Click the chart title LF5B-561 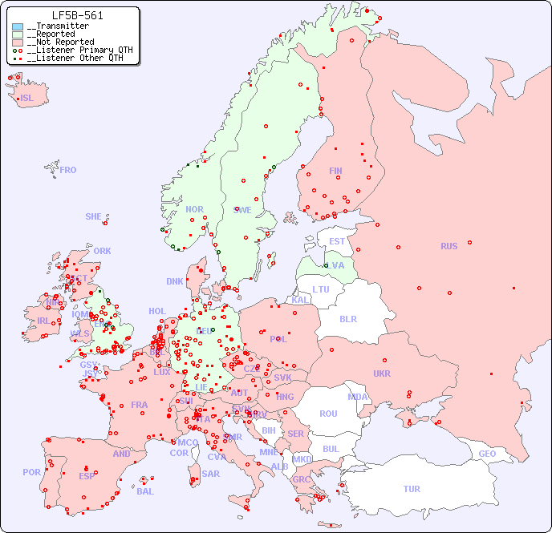(77, 15)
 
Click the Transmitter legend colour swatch (18, 26)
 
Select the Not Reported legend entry (60, 42)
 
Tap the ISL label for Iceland (27, 99)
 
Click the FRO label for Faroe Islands (68, 170)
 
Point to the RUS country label (448, 246)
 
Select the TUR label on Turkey (412, 489)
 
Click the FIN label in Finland (335, 171)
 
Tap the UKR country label (382, 374)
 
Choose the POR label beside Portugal (31, 472)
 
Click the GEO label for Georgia (487, 454)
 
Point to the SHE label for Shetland (94, 216)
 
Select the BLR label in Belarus (347, 319)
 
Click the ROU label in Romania (328, 414)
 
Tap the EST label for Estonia (337, 241)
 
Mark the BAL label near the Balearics (145, 491)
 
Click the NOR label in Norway (194, 209)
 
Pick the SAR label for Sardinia (210, 473)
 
